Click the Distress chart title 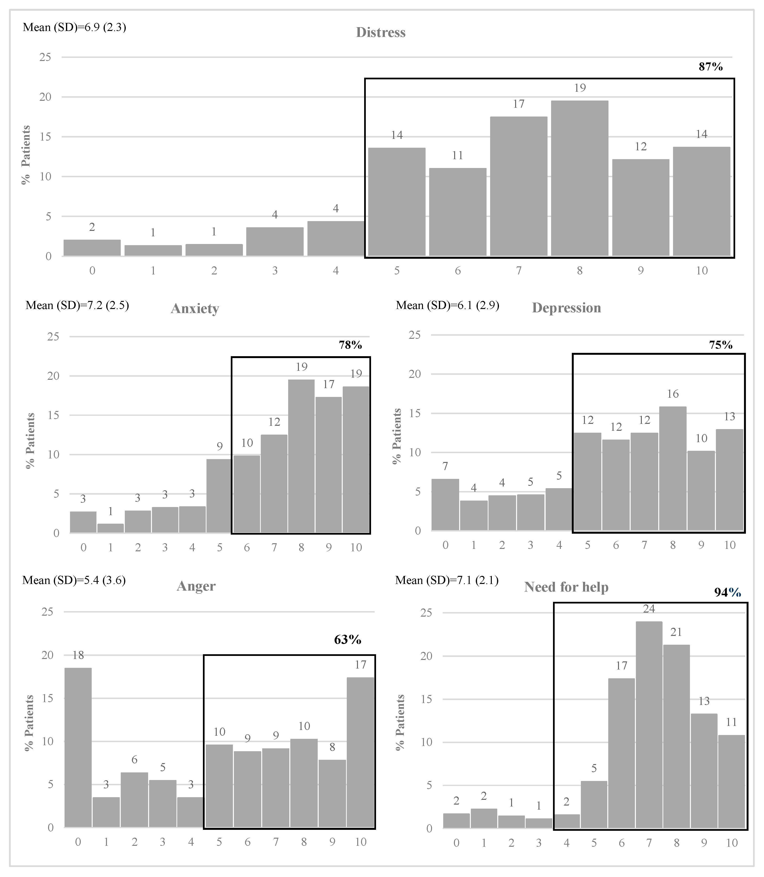point(381,33)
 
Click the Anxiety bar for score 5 point(219,496)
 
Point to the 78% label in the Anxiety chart point(350,345)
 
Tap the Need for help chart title point(566,587)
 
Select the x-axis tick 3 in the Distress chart point(275,270)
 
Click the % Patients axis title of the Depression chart point(397,436)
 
